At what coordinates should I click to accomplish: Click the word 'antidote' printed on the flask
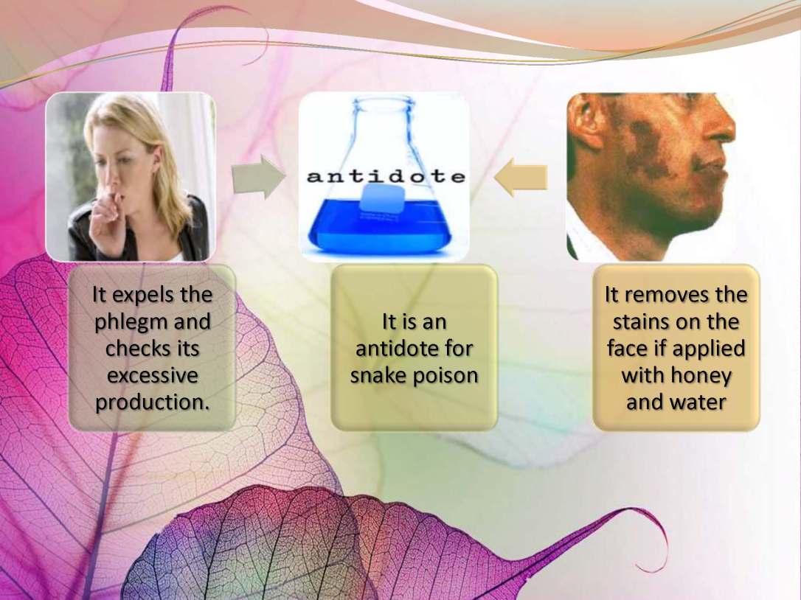tap(386, 176)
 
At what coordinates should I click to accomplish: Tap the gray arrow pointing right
tap(258, 177)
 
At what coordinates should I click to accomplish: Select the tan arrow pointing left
tap(521, 178)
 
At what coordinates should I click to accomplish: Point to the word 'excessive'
tap(152, 376)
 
